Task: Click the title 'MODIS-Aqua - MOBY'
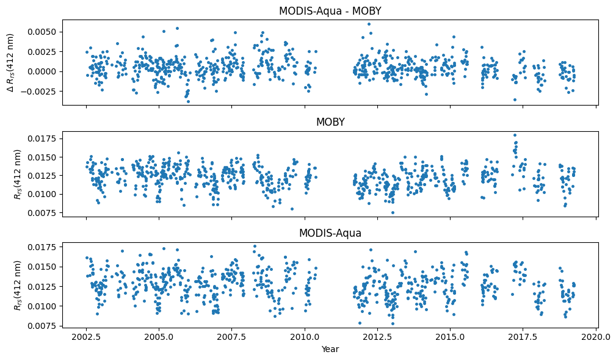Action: pos(330,11)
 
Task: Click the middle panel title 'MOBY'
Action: pos(330,122)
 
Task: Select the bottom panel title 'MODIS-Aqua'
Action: pos(330,233)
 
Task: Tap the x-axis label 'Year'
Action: pos(330,349)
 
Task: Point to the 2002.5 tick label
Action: pos(86,337)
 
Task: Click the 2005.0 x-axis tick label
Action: pos(159,337)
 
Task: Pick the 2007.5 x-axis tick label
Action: pos(231,337)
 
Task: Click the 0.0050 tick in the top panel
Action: pos(44,32)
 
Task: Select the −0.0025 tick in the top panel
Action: pos(42,92)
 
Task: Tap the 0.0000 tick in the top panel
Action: pos(44,71)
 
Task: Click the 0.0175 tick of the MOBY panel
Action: pos(44,139)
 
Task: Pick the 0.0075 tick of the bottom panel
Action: pos(44,326)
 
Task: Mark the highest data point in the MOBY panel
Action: pos(515,135)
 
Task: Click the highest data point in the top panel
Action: pos(369,24)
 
